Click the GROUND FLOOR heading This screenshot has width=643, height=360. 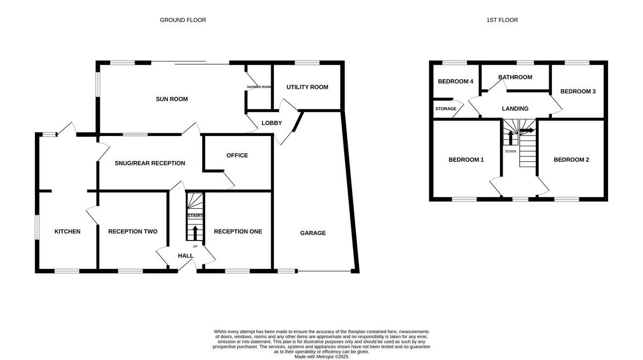pyautogui.click(x=183, y=20)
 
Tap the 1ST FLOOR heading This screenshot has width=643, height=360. pyautogui.click(x=502, y=20)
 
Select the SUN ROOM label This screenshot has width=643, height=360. pyautogui.click(x=171, y=99)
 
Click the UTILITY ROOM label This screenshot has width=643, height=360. pyautogui.click(x=307, y=87)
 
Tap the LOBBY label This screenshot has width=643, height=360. pyautogui.click(x=272, y=123)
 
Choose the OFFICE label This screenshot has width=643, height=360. pyautogui.click(x=237, y=155)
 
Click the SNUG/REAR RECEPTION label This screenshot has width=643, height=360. pyautogui.click(x=149, y=163)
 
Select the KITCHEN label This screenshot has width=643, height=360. pyautogui.click(x=68, y=231)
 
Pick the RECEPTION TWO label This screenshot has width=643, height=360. pyautogui.click(x=133, y=231)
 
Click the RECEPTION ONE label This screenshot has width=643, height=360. pyautogui.click(x=238, y=231)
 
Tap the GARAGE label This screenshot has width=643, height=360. pyautogui.click(x=312, y=233)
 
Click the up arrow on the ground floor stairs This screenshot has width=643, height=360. pyautogui.click(x=195, y=232)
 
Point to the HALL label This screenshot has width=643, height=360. pyautogui.click(x=185, y=256)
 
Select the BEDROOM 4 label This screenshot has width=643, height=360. pyautogui.click(x=455, y=82)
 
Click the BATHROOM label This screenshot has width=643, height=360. pyautogui.click(x=515, y=77)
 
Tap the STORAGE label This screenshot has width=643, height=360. pyautogui.click(x=446, y=109)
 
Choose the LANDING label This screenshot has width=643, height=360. pyautogui.click(x=515, y=109)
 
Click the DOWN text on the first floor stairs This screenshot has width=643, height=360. pyautogui.click(x=511, y=151)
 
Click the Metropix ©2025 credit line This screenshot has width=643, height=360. pyautogui.click(x=321, y=356)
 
